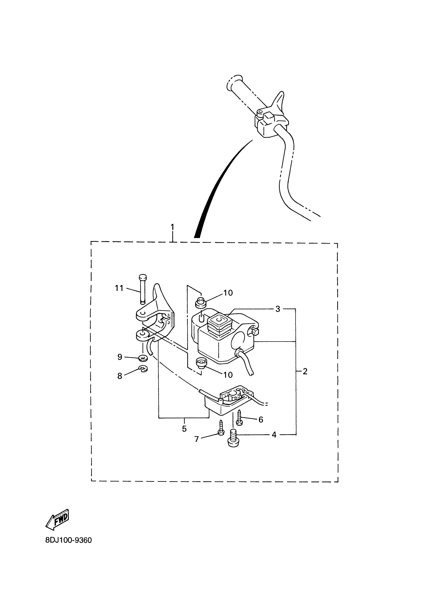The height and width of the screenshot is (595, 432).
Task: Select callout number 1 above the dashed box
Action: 172,227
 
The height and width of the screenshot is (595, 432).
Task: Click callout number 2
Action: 305,371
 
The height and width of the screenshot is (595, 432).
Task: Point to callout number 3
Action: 278,309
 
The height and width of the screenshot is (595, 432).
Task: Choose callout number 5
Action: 184,429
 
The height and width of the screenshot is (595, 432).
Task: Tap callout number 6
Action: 261,420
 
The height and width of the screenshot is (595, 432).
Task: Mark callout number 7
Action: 197,439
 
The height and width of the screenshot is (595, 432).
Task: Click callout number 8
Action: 120,376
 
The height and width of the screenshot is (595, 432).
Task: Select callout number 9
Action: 120,357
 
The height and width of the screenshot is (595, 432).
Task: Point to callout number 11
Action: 119,288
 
